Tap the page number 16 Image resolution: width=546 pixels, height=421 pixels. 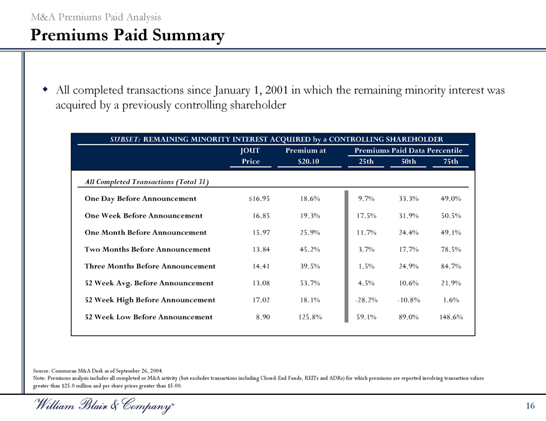pos(530,405)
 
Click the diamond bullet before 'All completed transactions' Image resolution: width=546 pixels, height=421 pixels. pos(45,90)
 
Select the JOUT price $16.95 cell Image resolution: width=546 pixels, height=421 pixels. pos(257,198)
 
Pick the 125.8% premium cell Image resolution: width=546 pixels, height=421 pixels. pos(305,317)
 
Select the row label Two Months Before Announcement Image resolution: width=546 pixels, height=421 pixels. pos(147,249)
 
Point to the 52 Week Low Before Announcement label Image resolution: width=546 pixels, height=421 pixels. pos(148,317)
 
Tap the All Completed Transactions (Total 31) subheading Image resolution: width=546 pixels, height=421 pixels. pos(146,182)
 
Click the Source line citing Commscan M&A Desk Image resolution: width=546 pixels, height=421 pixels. pos(100,370)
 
